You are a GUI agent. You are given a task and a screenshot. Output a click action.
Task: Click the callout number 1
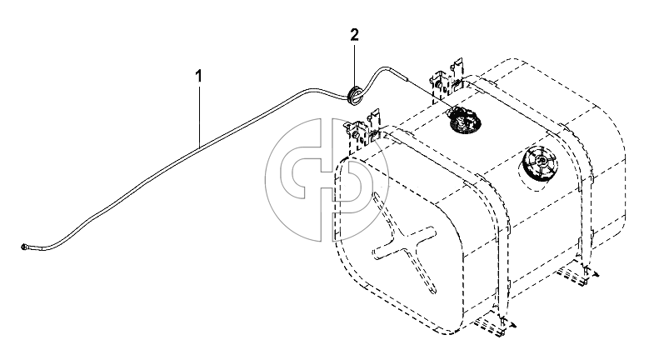[x=199, y=77]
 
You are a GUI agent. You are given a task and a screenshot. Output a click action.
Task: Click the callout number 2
[x=354, y=35]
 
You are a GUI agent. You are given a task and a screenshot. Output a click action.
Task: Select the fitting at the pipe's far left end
[x=23, y=247]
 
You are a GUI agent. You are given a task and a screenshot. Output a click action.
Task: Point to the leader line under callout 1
[x=199, y=114]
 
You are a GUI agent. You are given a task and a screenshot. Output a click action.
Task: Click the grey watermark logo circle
[x=321, y=180]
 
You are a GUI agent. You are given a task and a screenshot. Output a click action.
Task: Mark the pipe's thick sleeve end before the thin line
[x=402, y=76]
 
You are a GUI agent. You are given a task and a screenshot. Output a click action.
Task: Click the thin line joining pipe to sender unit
[x=430, y=93]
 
